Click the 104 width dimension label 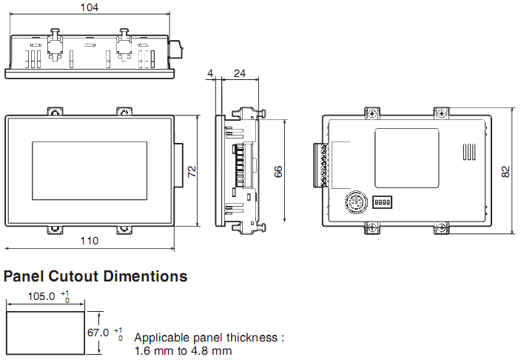90,7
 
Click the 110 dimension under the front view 90,241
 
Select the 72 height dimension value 192,171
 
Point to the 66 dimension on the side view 278,171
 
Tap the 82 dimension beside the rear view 505,172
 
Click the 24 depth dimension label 240,73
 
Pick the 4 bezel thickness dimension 210,73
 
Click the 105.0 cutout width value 41,296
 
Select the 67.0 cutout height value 98,333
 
